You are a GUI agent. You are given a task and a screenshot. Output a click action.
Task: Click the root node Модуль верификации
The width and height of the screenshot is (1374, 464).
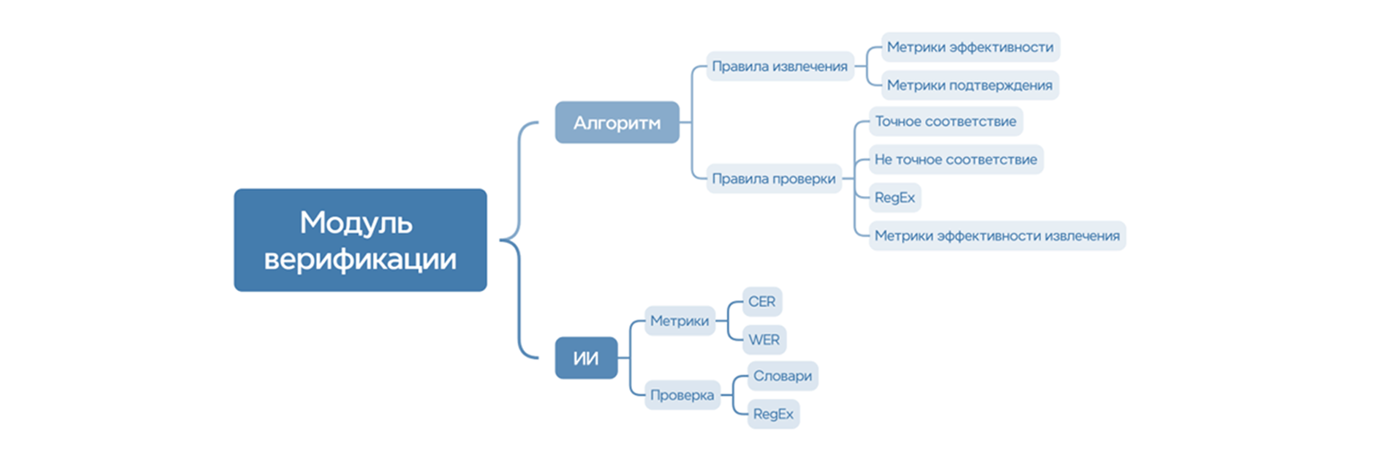click(360, 240)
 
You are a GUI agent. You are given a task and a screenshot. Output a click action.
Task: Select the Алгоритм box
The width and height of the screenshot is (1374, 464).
click(617, 123)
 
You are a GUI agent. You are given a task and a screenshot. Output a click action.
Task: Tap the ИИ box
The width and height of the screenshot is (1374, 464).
click(586, 358)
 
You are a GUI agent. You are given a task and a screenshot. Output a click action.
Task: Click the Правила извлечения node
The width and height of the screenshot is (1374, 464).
click(779, 66)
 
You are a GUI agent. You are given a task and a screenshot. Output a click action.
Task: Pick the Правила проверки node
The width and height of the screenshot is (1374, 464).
click(773, 178)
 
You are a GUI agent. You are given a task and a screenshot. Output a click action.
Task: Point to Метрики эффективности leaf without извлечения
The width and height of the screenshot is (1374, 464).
click(969, 47)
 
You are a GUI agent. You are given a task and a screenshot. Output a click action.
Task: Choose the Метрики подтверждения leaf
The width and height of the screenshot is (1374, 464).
click(969, 85)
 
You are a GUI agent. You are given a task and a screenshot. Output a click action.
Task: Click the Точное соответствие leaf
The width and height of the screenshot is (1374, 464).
click(945, 121)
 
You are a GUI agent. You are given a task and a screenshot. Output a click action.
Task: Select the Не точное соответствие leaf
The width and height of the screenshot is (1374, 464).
click(956, 159)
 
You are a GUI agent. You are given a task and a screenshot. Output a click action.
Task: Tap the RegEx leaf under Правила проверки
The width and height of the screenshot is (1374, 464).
click(895, 197)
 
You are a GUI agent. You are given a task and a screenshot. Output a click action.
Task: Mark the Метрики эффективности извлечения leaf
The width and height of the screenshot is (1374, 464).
click(997, 236)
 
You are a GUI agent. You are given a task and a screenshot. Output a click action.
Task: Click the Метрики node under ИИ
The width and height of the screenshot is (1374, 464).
click(680, 321)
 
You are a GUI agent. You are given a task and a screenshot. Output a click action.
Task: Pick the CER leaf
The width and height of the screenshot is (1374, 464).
click(762, 302)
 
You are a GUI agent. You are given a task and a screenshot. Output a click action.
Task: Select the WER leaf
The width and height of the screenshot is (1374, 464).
click(764, 340)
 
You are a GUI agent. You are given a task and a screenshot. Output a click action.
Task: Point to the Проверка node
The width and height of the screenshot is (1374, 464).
click(682, 394)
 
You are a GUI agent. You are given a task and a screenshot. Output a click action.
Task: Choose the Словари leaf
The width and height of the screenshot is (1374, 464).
click(782, 376)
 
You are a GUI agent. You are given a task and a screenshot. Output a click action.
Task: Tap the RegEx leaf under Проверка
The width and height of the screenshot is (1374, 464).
click(773, 414)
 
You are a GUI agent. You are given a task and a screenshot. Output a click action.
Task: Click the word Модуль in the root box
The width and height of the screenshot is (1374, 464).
click(356, 221)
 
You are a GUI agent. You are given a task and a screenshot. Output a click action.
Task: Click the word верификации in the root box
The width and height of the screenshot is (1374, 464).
click(361, 260)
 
